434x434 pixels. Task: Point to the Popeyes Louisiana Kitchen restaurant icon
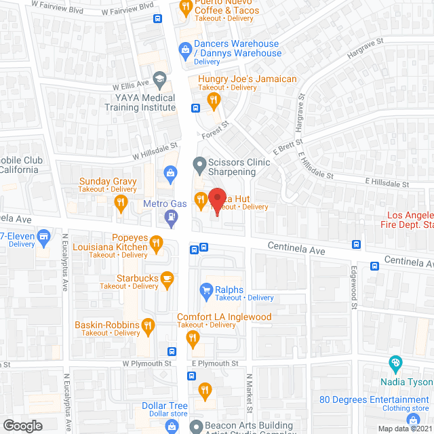tap(156, 243)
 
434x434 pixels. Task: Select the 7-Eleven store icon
tap(45, 237)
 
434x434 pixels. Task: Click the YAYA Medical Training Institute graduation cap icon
tap(159, 79)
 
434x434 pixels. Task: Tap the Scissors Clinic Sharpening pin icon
tap(199, 163)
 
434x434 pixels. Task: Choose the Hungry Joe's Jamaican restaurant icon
tap(214, 101)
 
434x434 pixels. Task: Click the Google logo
tap(22, 425)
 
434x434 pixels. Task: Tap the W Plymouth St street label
tap(144, 363)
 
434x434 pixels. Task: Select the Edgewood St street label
tap(354, 296)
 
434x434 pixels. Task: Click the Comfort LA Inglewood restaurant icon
tap(193, 337)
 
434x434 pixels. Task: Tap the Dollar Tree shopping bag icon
tap(171, 425)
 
